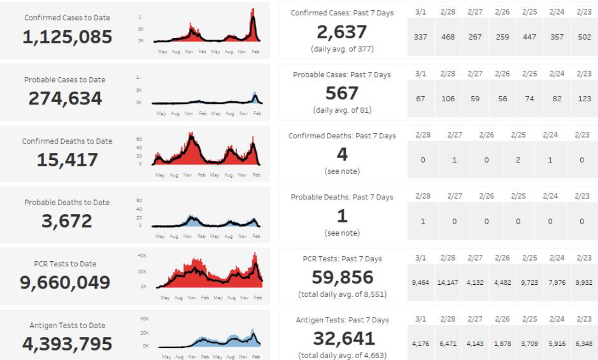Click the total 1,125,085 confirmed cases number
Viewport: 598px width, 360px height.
click(x=67, y=38)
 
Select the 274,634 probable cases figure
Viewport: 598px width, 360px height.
click(x=65, y=99)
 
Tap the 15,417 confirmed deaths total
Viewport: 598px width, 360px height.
click(x=67, y=160)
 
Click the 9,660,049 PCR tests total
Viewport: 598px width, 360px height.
click(x=65, y=282)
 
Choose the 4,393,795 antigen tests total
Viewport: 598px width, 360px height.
click(x=67, y=344)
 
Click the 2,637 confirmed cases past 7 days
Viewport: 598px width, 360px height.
click(x=342, y=32)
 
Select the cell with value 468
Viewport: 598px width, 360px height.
click(x=448, y=37)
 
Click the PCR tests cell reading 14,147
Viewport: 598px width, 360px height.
click(x=448, y=282)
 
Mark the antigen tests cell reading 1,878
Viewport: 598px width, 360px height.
click(x=502, y=344)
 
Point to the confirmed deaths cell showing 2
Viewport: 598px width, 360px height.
click(x=518, y=160)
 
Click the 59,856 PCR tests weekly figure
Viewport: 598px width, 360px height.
click(x=342, y=277)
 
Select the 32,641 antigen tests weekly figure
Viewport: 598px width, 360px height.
click(x=342, y=338)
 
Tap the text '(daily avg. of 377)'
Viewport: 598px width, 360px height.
click(x=342, y=48)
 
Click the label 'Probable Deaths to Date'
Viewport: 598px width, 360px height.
click(x=67, y=203)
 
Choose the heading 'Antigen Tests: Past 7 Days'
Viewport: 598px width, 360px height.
click(x=343, y=320)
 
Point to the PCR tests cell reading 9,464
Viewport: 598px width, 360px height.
click(x=420, y=282)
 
